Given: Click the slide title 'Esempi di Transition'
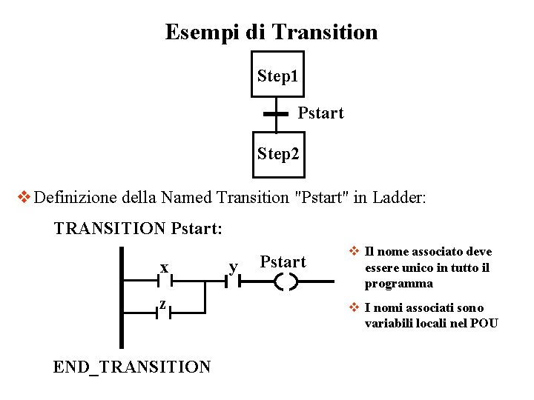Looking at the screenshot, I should click(x=271, y=33).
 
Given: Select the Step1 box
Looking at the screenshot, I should click(x=277, y=75).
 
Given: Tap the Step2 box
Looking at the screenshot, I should click(x=277, y=154).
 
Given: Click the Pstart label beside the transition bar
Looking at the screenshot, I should click(x=320, y=113).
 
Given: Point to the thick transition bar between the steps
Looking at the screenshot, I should click(x=276, y=114).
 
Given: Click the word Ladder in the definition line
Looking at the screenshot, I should click(x=399, y=198).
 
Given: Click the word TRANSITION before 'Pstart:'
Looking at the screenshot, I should click(x=110, y=228).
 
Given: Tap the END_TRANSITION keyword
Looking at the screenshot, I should click(x=132, y=367).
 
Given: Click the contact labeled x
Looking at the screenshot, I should click(x=165, y=281).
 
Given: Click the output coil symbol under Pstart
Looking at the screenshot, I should click(x=286, y=281).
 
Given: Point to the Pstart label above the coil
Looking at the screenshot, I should click(x=283, y=261).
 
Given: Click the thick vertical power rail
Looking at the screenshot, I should click(x=121, y=296).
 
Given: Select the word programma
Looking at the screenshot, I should click(x=398, y=284).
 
